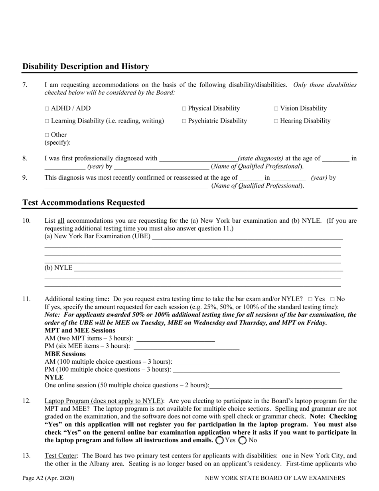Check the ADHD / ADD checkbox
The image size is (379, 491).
pos(47,109)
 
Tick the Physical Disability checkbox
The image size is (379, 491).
pos(184,109)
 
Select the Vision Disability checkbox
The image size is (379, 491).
pos(276,109)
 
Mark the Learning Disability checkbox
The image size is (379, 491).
pos(47,121)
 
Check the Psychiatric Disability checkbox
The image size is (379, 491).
pos(184,121)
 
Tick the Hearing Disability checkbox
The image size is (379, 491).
pos(276,121)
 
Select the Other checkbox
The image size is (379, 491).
pos(47,135)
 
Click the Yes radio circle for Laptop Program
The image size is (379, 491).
pos(219,441)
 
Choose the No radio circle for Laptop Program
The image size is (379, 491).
pos(242,441)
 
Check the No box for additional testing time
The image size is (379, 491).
pos(332,299)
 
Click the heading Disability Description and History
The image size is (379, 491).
pos(86,67)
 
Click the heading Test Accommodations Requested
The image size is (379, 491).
pos(84,202)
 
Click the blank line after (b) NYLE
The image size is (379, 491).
pos(207,268)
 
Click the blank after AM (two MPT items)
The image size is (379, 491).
pos(176,339)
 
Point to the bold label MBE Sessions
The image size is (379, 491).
pos(65,354)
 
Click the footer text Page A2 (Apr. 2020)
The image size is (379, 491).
pos(48,478)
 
